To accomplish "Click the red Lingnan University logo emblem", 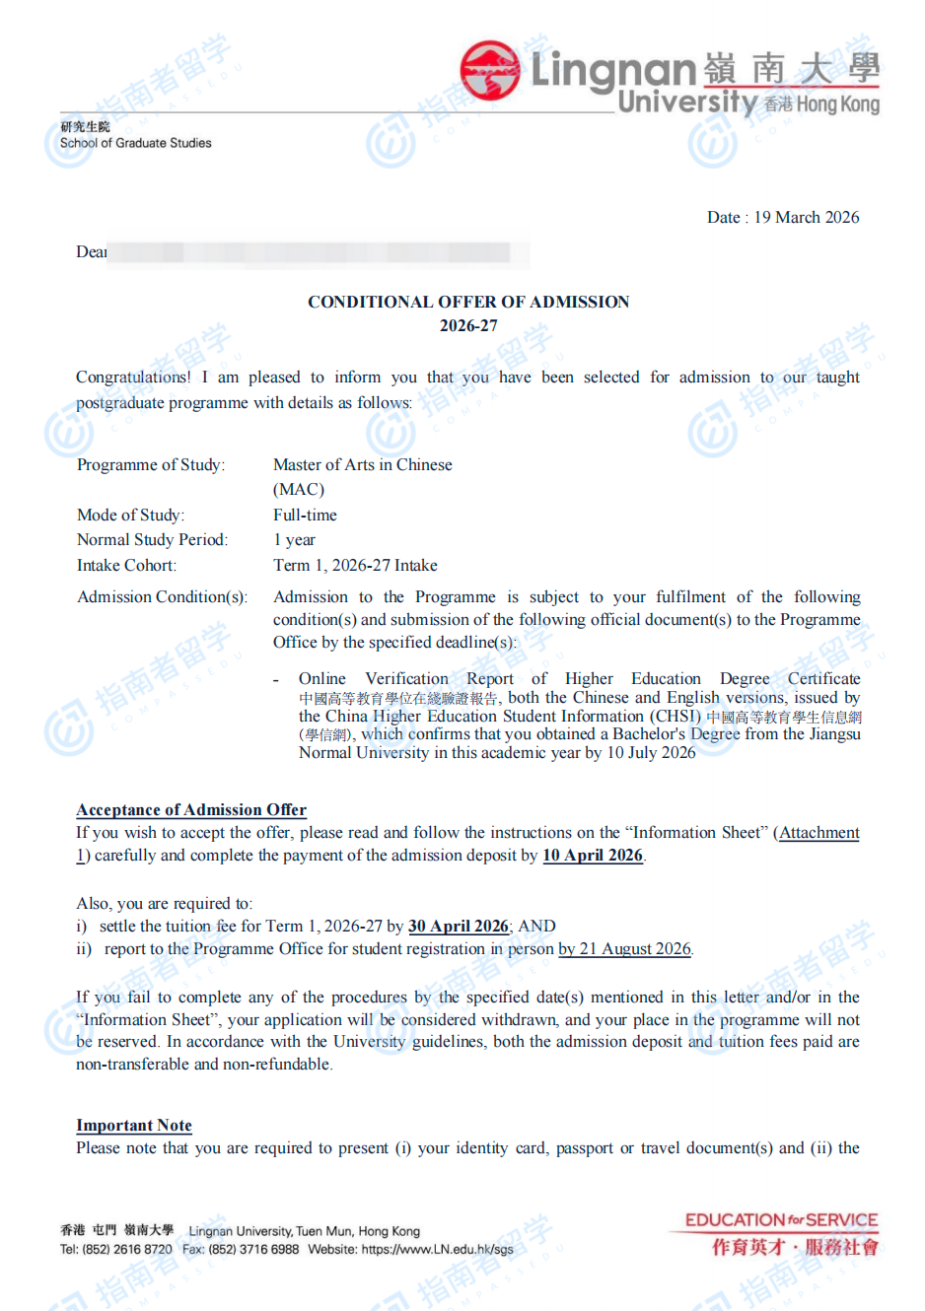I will [x=490, y=70].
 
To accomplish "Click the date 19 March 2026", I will [x=806, y=218].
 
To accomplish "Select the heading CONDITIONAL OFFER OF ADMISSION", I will [x=468, y=302].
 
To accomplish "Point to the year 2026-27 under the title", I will [x=468, y=326].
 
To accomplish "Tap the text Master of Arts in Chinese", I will [x=362, y=464].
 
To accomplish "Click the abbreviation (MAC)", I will [x=298, y=490].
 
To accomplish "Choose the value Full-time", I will [x=305, y=516].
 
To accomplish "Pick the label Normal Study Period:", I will [x=152, y=540].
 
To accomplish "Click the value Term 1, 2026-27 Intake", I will [x=355, y=566].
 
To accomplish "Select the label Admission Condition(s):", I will [x=162, y=597].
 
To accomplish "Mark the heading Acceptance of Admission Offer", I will [x=191, y=810].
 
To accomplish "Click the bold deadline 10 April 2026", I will [x=592, y=856].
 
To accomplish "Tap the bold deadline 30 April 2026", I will [x=459, y=927].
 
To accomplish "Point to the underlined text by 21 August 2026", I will [x=624, y=949].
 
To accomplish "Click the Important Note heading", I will [x=134, y=1126].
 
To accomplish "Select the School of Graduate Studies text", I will [x=136, y=143].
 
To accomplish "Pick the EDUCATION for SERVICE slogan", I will [x=781, y=1220].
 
